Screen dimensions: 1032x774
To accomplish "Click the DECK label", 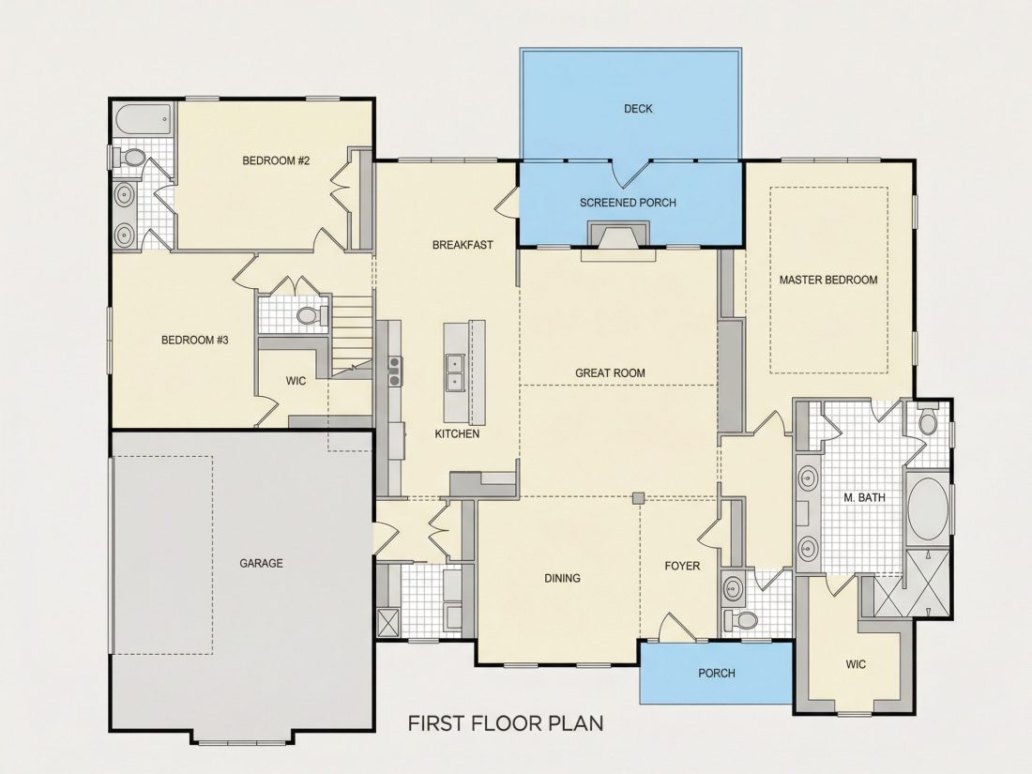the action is [x=638, y=109].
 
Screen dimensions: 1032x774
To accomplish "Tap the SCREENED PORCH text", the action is [x=628, y=203].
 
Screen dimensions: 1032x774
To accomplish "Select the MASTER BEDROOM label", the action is [x=828, y=280].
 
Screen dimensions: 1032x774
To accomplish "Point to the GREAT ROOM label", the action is [x=610, y=373].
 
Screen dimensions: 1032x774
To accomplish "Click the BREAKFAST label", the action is [x=463, y=245].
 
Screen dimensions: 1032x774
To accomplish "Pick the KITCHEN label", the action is [x=457, y=433].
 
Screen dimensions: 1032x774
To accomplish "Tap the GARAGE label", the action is [x=262, y=564].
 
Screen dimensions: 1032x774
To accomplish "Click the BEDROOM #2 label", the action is [x=276, y=160].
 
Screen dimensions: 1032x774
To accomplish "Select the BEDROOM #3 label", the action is [x=195, y=341].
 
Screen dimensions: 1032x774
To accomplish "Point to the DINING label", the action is [x=562, y=578].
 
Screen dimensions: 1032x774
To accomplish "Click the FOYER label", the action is [x=682, y=566].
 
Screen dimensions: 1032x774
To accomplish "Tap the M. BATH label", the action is [x=864, y=498].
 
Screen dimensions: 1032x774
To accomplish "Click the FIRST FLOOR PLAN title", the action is [x=506, y=723].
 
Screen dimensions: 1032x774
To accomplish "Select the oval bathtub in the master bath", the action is [x=928, y=509].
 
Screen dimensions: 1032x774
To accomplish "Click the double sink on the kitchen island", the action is [x=455, y=372].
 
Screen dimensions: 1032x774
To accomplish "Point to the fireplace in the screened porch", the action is [x=618, y=235].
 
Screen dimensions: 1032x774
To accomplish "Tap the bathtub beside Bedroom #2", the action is [x=144, y=120].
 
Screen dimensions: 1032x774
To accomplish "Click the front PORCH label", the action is [x=717, y=674].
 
